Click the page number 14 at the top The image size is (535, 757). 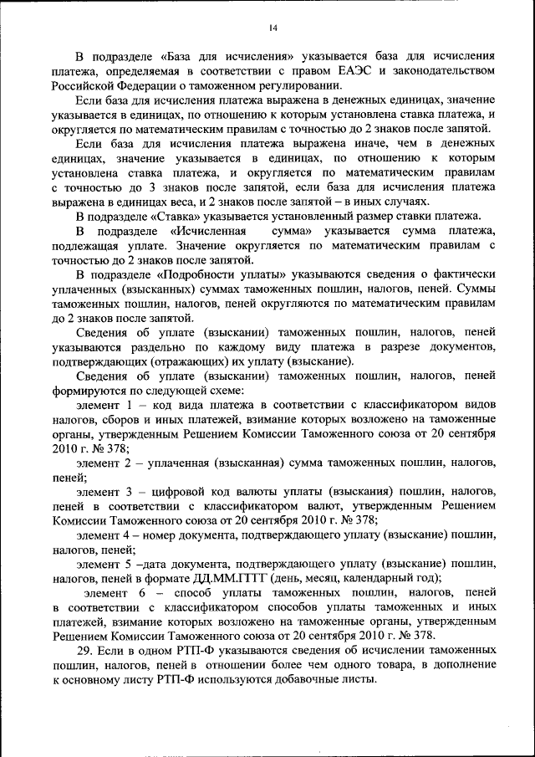coord(273,28)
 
